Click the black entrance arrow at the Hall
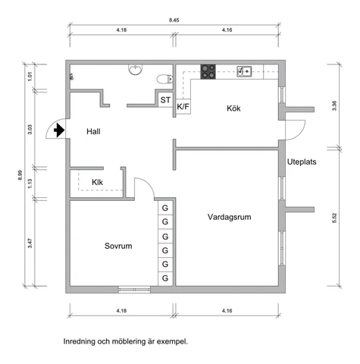(x=59, y=130)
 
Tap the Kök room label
(x=233, y=108)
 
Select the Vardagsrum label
(x=230, y=217)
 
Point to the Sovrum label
(x=118, y=246)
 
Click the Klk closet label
(x=97, y=182)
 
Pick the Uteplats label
(x=302, y=162)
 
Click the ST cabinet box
(x=165, y=100)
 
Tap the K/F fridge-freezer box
(x=183, y=106)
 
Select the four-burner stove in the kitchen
(x=208, y=71)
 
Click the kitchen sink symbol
(x=244, y=71)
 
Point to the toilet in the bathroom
(x=164, y=79)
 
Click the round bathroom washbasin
(x=136, y=70)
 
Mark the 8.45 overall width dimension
(x=174, y=20)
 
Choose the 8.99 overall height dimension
(x=20, y=175)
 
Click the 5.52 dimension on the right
(x=334, y=218)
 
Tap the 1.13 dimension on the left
(x=30, y=184)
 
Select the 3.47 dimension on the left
(x=30, y=243)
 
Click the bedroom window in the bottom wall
(x=134, y=290)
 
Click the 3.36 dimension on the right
(x=334, y=105)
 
